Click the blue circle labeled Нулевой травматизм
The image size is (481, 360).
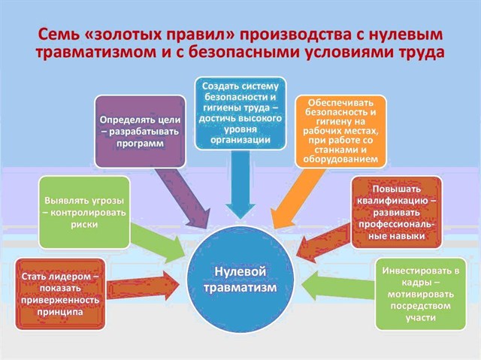(x=240, y=280)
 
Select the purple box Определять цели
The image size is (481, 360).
(x=141, y=132)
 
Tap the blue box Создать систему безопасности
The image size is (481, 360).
(x=240, y=113)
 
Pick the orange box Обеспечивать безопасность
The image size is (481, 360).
(x=340, y=132)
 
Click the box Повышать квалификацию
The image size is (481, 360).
(x=397, y=213)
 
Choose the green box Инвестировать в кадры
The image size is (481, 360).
(x=421, y=294)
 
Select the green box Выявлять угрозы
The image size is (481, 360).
(x=84, y=213)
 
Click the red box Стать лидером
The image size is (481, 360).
(x=60, y=294)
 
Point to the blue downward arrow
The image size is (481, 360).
(x=240, y=185)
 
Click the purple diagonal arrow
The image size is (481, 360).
(x=183, y=198)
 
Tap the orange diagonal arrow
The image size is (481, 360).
(x=298, y=198)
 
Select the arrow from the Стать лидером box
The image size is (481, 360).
(x=143, y=286)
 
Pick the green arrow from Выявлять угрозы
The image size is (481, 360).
(x=158, y=242)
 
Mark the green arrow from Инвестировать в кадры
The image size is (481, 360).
(x=338, y=286)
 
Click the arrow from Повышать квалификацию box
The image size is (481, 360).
(x=324, y=243)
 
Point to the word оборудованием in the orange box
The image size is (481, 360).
(x=340, y=159)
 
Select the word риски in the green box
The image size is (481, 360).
(x=84, y=225)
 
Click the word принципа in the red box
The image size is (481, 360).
(x=60, y=312)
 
